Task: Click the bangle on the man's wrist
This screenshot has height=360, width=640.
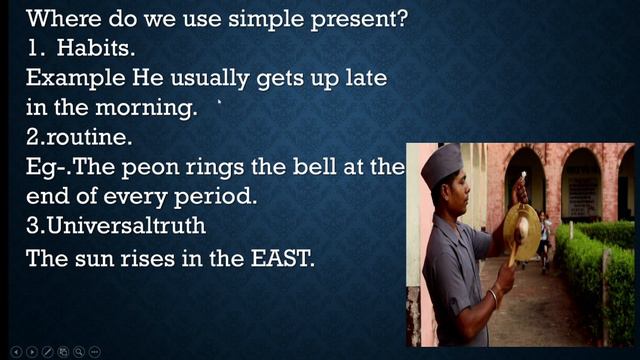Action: pyautogui.click(x=491, y=297)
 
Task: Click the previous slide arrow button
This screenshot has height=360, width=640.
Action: pyautogui.click(x=15, y=351)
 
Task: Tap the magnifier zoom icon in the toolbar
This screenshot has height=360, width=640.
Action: pyautogui.click(x=79, y=351)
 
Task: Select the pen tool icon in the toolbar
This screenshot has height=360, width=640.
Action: pyautogui.click(x=47, y=351)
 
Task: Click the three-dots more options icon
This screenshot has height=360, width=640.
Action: pyautogui.click(x=95, y=351)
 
